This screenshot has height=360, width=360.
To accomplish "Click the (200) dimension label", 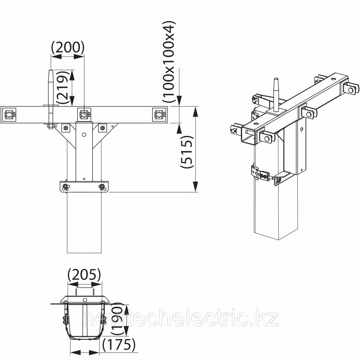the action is point(67,48).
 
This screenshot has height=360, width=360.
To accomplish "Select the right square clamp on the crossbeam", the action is point(159,115).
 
